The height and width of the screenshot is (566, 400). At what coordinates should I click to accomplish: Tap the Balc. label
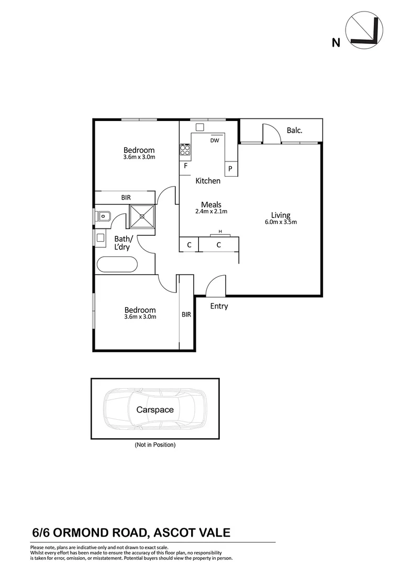pyautogui.click(x=294, y=130)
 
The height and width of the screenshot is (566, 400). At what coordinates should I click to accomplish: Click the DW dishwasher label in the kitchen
pyautogui.click(x=214, y=140)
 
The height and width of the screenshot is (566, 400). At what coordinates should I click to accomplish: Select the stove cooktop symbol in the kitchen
pyautogui.click(x=185, y=150)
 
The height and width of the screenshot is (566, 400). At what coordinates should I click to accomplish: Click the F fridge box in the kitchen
pyautogui.click(x=185, y=167)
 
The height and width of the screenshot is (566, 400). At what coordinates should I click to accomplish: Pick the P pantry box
pyautogui.click(x=230, y=169)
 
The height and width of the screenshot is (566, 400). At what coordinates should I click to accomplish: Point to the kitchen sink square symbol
pyautogui.click(x=199, y=127)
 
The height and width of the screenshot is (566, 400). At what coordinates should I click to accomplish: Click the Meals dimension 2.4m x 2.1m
pyautogui.click(x=212, y=212)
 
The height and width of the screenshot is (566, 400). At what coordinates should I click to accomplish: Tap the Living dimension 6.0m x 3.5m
pyautogui.click(x=281, y=222)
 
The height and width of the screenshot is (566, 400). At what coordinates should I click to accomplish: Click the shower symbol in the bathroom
pyautogui.click(x=142, y=215)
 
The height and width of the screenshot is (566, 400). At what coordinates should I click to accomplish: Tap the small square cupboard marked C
pyautogui.click(x=189, y=245)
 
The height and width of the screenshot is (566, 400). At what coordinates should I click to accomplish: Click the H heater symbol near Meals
pyautogui.click(x=220, y=232)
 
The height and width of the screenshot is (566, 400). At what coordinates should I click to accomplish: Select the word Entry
pyautogui.click(x=219, y=306)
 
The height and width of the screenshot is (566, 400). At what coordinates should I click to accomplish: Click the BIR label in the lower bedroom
pyautogui.click(x=186, y=315)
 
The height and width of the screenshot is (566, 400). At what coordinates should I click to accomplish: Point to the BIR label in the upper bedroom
pyautogui.click(x=126, y=198)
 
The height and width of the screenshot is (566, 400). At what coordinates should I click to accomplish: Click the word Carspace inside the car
pyautogui.click(x=155, y=410)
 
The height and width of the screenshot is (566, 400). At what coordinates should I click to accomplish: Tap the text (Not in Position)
pyautogui.click(x=155, y=444)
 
